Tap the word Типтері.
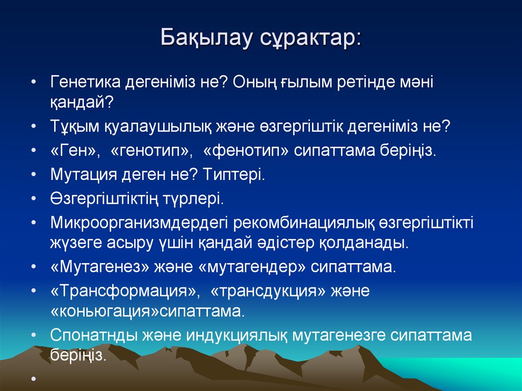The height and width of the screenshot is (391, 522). click(x=234, y=174)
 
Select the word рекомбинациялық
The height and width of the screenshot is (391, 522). click(x=306, y=223)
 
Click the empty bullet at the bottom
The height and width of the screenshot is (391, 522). click(x=33, y=379)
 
